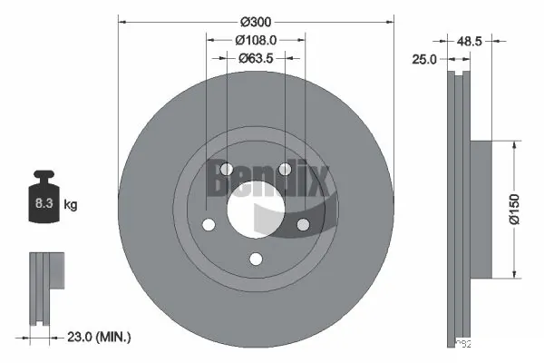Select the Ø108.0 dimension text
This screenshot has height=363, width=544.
[256, 40]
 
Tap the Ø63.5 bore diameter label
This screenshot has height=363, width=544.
[256, 58]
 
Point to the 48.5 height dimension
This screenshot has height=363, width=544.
[470, 41]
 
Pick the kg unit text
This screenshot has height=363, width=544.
[70, 205]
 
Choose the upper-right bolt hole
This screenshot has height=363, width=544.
[285, 169]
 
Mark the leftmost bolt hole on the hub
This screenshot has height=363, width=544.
[209, 225]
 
